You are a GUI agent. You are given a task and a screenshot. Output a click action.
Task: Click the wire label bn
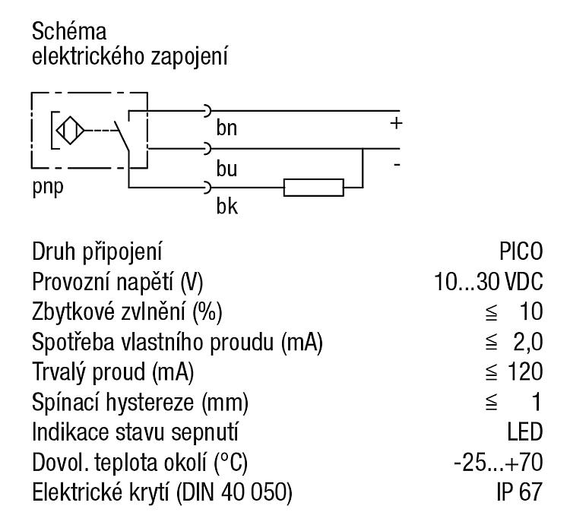[226, 128]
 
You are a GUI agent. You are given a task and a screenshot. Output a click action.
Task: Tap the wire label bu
[226, 169]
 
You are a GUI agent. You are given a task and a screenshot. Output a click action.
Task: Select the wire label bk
[226, 206]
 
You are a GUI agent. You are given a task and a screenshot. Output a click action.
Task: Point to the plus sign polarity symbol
[396, 124]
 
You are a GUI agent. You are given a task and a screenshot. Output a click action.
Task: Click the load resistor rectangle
[314, 188]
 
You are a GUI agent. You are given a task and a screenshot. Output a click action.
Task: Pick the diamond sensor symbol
[70, 131]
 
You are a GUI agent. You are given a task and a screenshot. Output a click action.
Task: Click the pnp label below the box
[48, 188]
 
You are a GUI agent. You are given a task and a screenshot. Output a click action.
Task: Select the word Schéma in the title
[69, 31]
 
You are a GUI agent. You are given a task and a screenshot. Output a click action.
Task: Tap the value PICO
[521, 251]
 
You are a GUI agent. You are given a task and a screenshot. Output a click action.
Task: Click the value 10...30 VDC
[488, 281]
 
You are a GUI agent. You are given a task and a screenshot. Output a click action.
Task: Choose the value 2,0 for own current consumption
[528, 342]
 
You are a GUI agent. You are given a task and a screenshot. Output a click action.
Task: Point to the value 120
[525, 371]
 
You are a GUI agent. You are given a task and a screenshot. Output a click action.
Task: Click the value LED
[525, 431]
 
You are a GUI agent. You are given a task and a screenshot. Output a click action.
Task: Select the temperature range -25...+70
[499, 463]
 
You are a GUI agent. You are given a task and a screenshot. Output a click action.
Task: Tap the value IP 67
[520, 491]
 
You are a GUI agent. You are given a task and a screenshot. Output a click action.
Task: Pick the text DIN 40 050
[235, 492]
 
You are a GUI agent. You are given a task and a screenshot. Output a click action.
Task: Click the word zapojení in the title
[189, 58]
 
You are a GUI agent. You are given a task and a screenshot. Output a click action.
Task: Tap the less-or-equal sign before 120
[491, 371]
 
